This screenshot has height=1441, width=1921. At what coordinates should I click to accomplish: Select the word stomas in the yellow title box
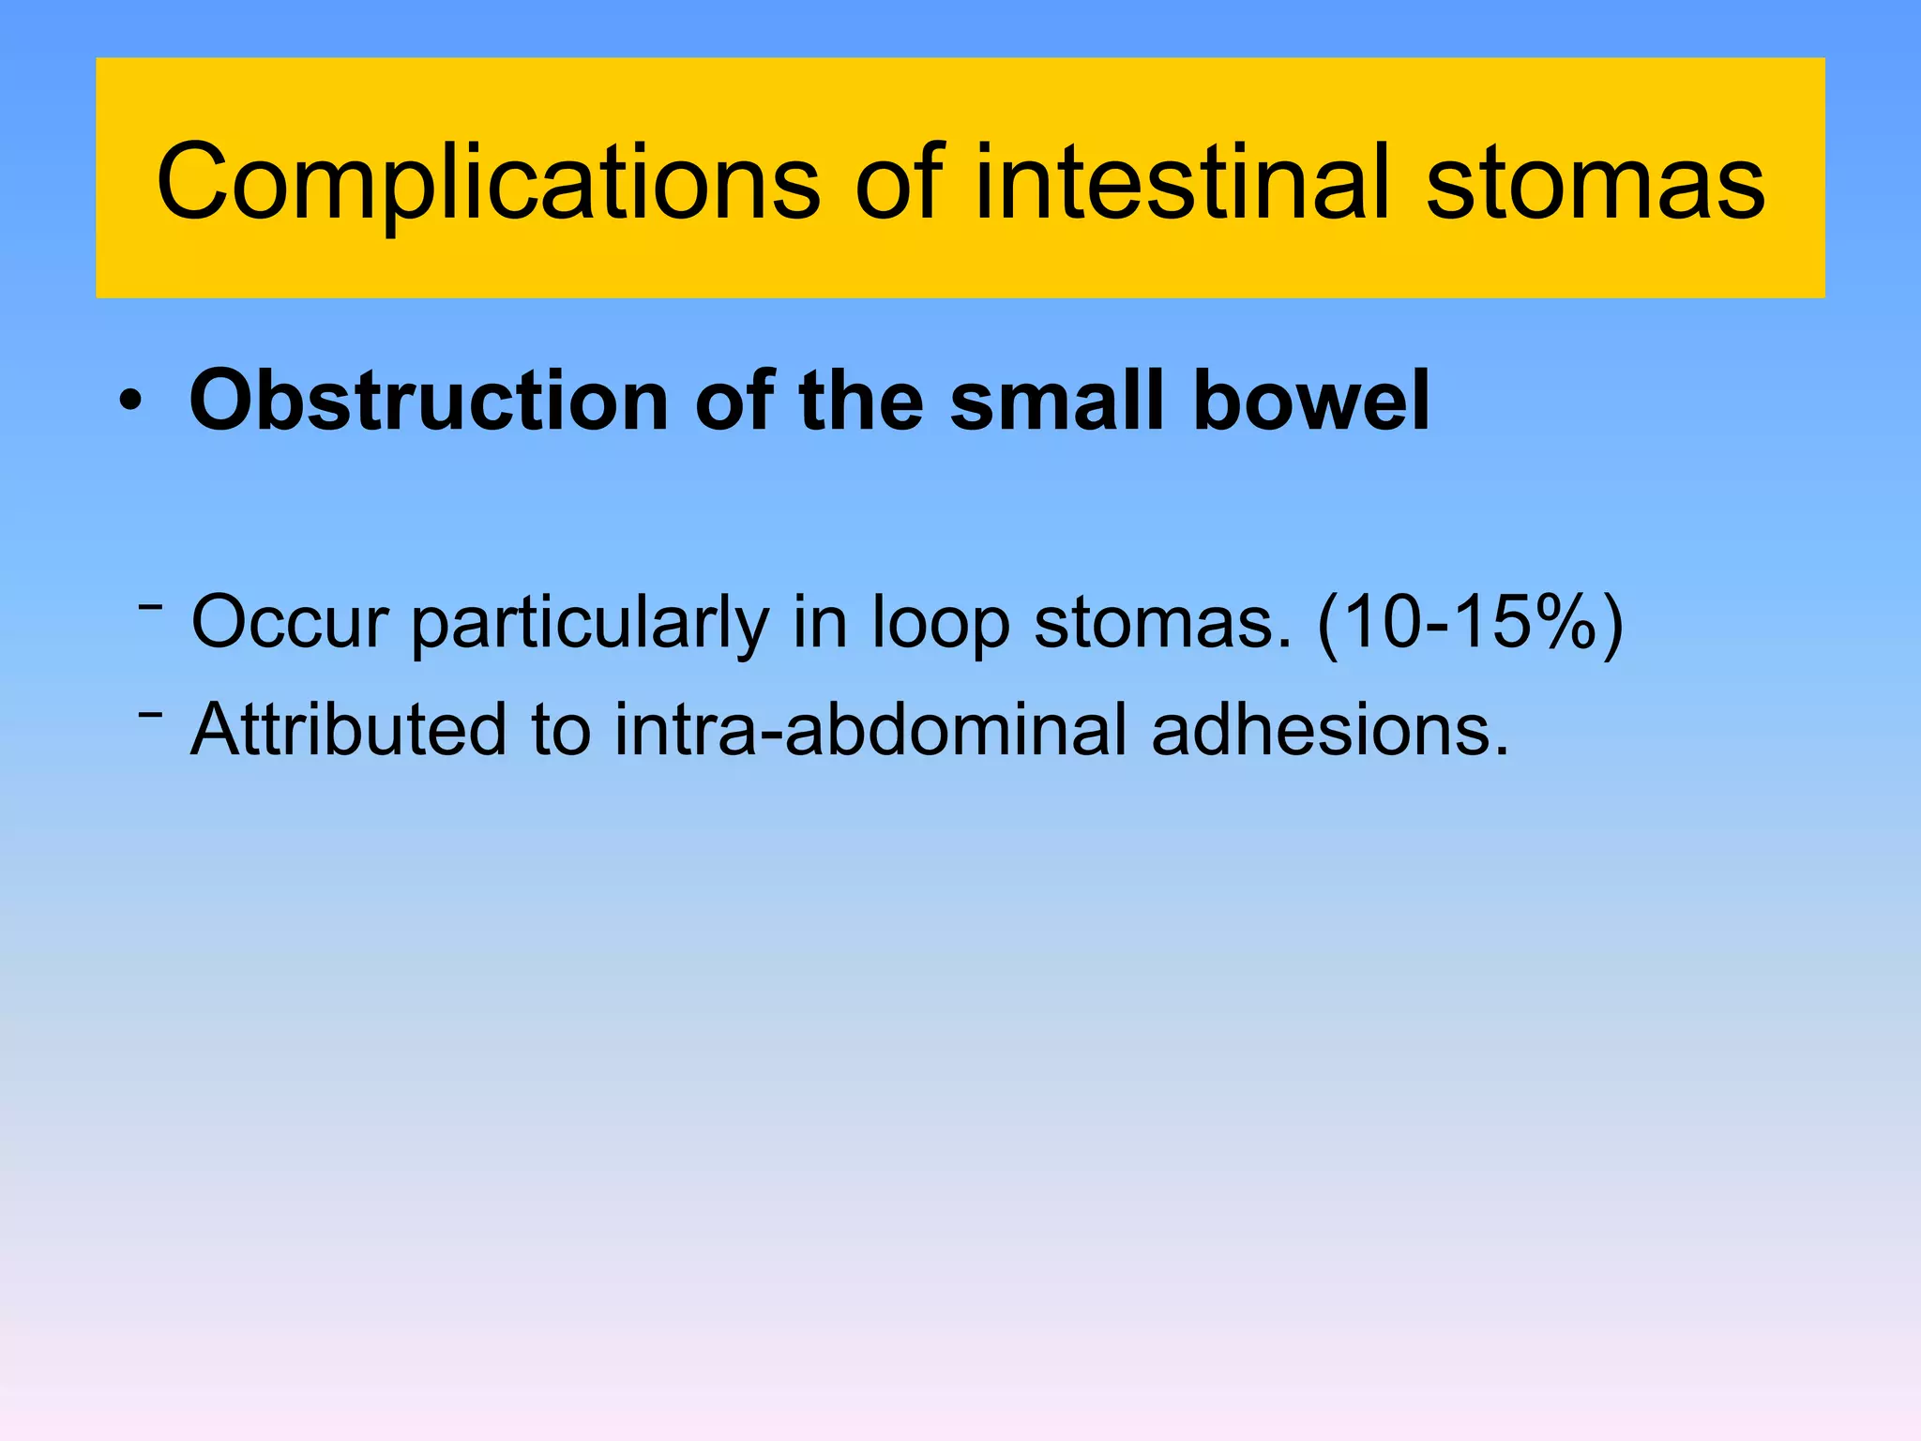coord(1596,183)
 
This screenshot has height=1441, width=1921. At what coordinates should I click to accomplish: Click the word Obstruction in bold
coord(428,401)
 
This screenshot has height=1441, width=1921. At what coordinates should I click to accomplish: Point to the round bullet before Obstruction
coord(131,404)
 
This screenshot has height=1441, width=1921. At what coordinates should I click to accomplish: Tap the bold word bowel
coord(1310,401)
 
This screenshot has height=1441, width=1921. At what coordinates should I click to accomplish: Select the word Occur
coord(290,622)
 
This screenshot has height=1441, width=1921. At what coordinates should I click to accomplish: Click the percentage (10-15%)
coord(1469,622)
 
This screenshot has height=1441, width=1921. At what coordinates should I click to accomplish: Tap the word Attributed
coord(348,729)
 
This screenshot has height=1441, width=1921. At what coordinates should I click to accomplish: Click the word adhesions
coord(1330,729)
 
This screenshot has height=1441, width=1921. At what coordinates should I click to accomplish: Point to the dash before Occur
coord(150,608)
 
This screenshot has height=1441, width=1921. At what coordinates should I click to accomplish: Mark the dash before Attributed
coord(150,716)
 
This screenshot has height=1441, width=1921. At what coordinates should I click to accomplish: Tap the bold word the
coord(860,401)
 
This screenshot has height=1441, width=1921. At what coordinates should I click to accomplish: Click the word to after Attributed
coord(561,729)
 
